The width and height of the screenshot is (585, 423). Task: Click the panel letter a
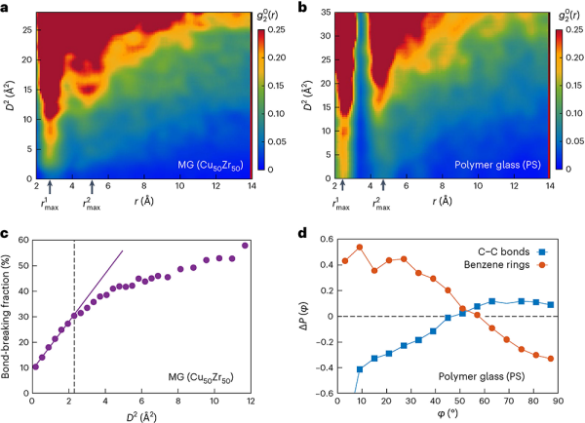click(7, 8)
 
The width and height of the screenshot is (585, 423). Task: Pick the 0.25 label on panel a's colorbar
click(273, 32)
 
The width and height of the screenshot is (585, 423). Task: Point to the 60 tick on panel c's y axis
click(23, 238)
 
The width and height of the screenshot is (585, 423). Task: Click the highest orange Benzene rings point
click(360, 247)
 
